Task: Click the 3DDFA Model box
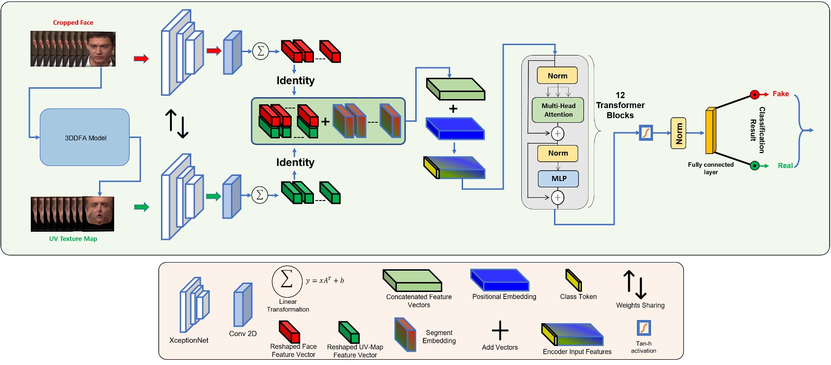85,137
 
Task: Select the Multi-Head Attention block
558,110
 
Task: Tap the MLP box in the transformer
558,179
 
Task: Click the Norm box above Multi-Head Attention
557,76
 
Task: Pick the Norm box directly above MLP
558,153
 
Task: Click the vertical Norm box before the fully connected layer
679,133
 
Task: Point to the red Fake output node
755,94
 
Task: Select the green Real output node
755,165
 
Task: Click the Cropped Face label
73,22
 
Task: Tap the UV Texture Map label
73,239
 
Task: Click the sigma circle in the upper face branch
260,51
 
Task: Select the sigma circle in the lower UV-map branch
259,195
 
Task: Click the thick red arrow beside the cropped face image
141,59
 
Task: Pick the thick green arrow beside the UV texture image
141,207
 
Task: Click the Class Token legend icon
573,280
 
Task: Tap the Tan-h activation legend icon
644,328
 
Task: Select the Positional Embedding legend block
500,280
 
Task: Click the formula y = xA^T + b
325,280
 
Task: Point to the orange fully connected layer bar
710,131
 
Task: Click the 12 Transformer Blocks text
620,105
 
